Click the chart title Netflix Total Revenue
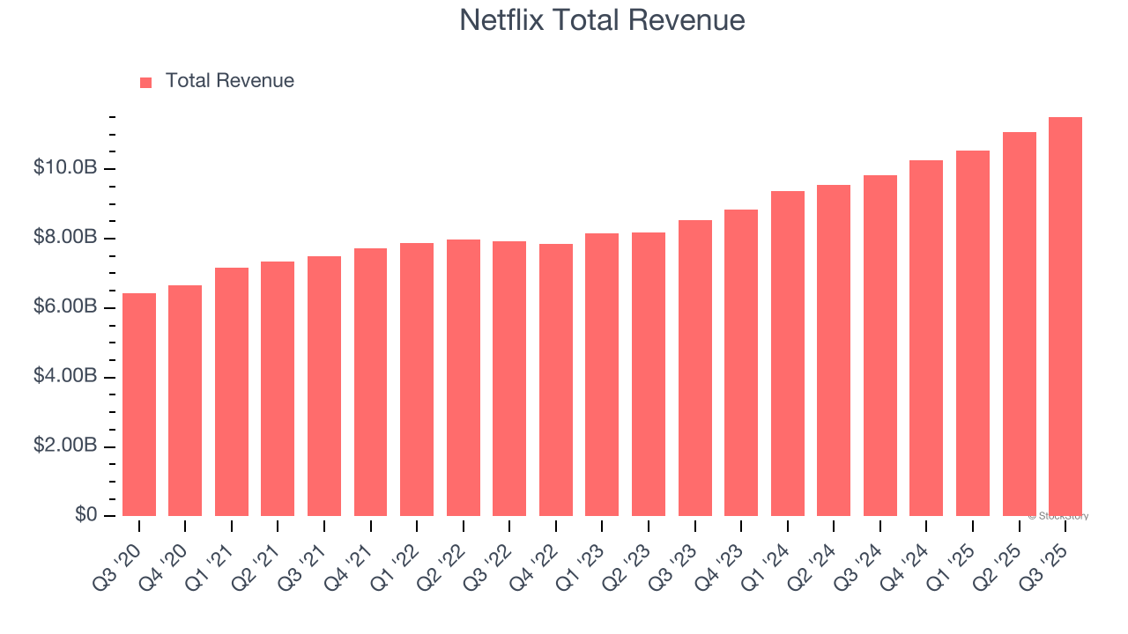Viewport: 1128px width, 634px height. pos(602,20)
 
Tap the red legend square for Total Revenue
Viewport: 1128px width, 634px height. pos(146,82)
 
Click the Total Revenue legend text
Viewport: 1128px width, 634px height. pos(229,81)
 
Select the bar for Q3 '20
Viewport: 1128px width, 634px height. pos(139,405)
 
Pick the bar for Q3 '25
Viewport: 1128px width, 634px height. pos(1065,317)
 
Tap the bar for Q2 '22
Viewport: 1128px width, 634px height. pos(464,378)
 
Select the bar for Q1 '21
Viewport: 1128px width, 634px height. pos(232,392)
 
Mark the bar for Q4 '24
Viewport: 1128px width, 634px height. pos(926,338)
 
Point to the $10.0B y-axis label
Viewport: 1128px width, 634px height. pos(64,167)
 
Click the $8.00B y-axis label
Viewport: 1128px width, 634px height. pos(64,237)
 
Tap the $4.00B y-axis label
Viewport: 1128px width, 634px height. pos(64,376)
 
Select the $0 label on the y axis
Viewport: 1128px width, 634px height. pos(85,514)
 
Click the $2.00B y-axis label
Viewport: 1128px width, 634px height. pos(64,446)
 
